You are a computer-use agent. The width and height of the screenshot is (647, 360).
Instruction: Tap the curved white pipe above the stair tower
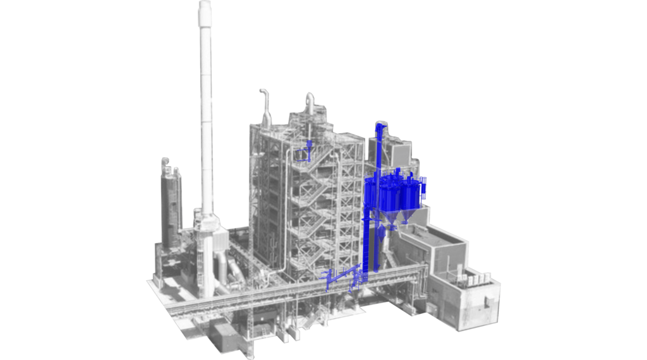coord(310,101)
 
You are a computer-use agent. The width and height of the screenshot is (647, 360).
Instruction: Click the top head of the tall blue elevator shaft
coord(379,129)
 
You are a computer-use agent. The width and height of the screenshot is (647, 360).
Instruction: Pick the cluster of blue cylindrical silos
coord(396,192)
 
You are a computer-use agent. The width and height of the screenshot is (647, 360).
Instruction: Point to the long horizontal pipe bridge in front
coord(284,291)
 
